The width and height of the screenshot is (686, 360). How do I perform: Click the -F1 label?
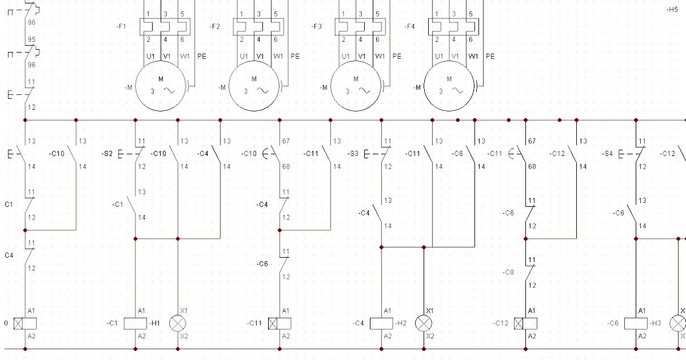(x=122, y=26)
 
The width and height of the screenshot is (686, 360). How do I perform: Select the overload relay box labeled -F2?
(x=259, y=26)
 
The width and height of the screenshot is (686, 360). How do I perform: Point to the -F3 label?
(x=317, y=26)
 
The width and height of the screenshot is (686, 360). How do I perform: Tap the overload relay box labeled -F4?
(x=454, y=26)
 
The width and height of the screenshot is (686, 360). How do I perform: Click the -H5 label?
(x=672, y=10)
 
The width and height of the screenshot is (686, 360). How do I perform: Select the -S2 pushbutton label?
(x=107, y=154)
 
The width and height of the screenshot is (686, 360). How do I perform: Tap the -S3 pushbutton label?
(x=353, y=154)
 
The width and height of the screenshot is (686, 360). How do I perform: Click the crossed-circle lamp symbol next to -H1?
(x=178, y=323)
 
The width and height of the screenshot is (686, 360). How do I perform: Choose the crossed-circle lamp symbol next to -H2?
(x=424, y=323)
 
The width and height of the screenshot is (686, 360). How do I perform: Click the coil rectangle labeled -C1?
(x=135, y=323)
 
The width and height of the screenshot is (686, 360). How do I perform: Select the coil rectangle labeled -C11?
(x=281, y=323)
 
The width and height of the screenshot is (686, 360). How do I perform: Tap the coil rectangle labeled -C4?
(x=381, y=323)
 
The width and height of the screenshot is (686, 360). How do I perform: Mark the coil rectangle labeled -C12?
(x=526, y=323)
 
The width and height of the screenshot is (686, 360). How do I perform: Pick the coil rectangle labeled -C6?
(x=636, y=323)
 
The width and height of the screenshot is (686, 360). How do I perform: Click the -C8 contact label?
(x=509, y=272)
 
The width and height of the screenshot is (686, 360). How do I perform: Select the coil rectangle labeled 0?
(x=25, y=323)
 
